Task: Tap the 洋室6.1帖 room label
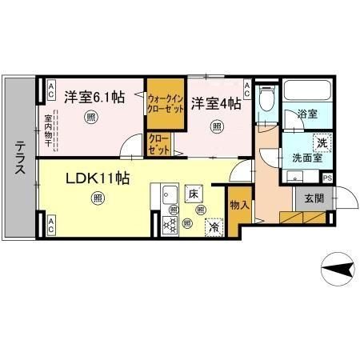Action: pyautogui.click(x=94, y=98)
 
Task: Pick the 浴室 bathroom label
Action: pyautogui.click(x=308, y=115)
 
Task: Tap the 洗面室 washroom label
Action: pyautogui.click(x=306, y=158)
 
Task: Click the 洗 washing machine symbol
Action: pyautogui.click(x=321, y=141)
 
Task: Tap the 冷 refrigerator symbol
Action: pyautogui.click(x=214, y=227)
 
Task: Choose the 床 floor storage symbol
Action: pyautogui.click(x=193, y=193)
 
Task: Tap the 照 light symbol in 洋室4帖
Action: pyautogui.click(x=217, y=126)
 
